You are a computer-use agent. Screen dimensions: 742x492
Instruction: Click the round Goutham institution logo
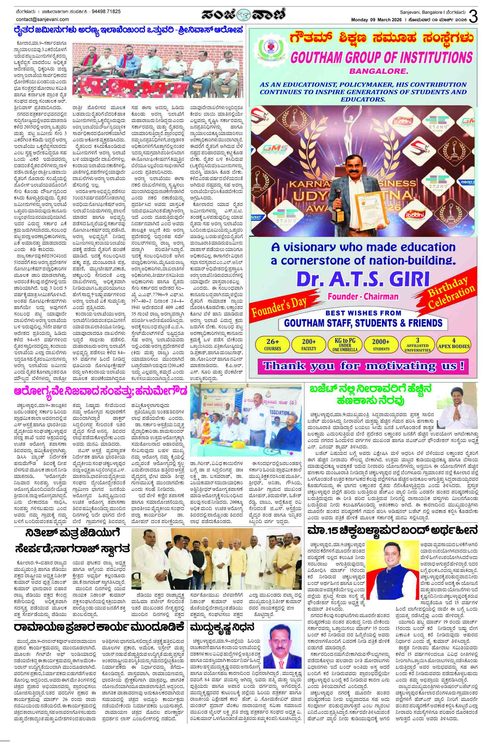(269, 50)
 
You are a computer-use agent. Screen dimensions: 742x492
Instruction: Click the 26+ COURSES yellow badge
(273, 344)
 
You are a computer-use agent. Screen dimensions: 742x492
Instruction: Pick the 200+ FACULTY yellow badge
(309, 344)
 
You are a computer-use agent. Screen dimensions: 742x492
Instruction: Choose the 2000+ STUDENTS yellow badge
(381, 344)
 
